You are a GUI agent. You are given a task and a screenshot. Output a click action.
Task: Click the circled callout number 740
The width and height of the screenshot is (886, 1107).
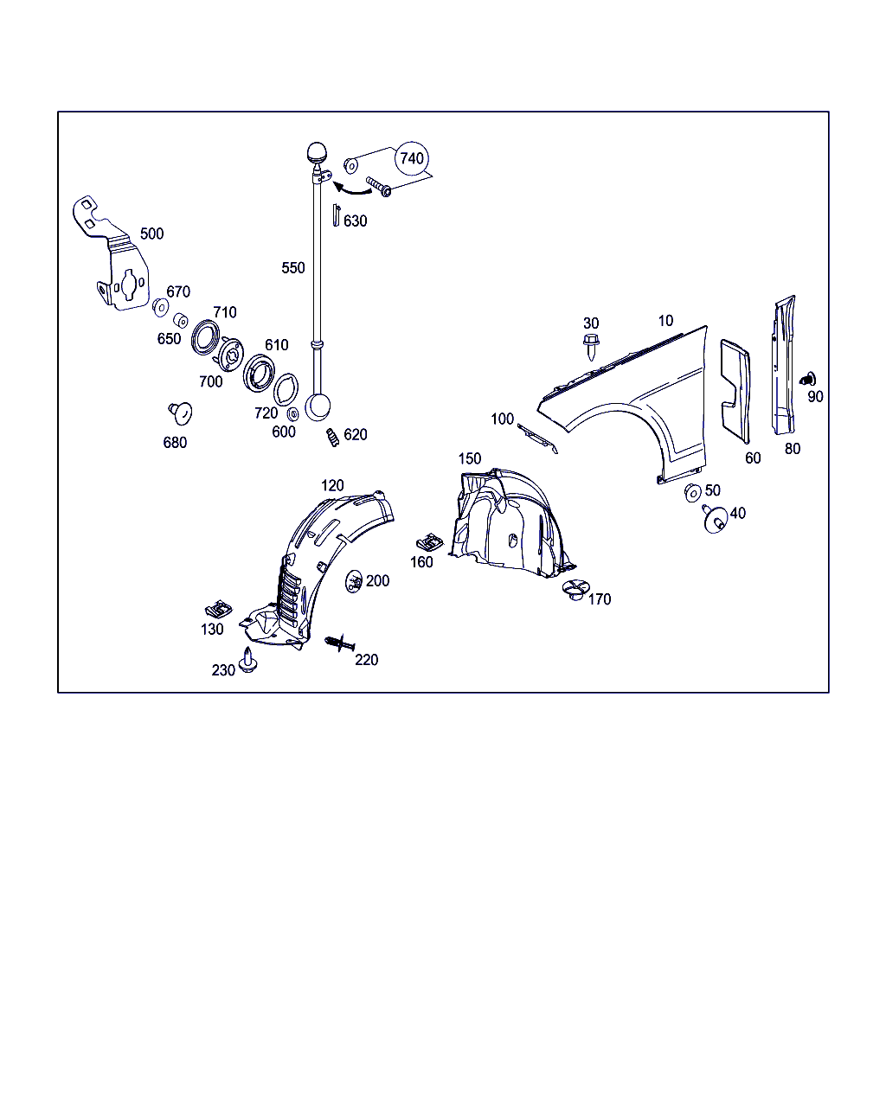coord(412,158)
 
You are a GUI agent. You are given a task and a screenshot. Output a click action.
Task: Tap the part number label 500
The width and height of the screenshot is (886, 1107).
coord(151,234)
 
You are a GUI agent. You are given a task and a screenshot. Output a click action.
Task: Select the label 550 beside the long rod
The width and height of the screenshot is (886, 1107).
coord(293,268)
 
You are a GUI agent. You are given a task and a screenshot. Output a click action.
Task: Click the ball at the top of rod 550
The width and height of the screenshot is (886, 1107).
coord(317,155)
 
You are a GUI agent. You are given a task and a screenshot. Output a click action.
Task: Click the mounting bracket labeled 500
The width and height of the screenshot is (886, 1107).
coord(114,259)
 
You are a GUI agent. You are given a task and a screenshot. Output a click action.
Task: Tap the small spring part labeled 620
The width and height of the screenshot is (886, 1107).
coord(331,438)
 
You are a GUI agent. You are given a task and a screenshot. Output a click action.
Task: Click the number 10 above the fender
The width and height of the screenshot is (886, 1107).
coord(665,321)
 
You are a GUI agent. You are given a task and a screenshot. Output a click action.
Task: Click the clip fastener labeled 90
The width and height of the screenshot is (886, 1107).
coord(809,379)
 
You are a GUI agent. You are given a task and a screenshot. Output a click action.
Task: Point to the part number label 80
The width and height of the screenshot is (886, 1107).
coord(793,449)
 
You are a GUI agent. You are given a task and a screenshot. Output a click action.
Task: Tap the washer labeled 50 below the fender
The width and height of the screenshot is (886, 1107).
coord(693,493)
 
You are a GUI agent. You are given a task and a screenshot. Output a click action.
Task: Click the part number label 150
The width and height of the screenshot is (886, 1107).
coord(470,458)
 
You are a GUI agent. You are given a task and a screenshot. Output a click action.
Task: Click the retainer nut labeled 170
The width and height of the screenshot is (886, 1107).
coord(574,592)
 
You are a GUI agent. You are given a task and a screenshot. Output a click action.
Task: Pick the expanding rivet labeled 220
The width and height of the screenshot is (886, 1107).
coord(339,644)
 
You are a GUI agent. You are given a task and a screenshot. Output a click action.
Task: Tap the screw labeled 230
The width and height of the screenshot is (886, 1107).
coord(248,661)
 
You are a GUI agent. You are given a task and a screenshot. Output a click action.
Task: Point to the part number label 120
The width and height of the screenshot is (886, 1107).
coord(333,486)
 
